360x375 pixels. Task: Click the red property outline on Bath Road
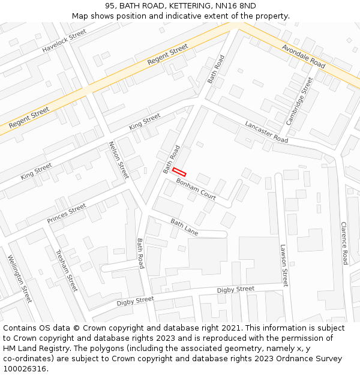click(179, 172)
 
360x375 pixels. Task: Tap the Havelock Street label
click(61, 43)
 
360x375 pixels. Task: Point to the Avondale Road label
click(303, 56)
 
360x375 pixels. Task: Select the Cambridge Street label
click(299, 101)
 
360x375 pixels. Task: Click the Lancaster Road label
click(266, 131)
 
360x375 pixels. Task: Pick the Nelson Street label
click(118, 160)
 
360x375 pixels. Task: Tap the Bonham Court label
click(196, 188)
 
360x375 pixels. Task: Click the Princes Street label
click(67, 214)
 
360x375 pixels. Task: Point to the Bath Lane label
click(184, 226)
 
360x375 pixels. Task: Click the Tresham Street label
click(67, 271)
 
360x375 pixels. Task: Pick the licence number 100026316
click(25, 369)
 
